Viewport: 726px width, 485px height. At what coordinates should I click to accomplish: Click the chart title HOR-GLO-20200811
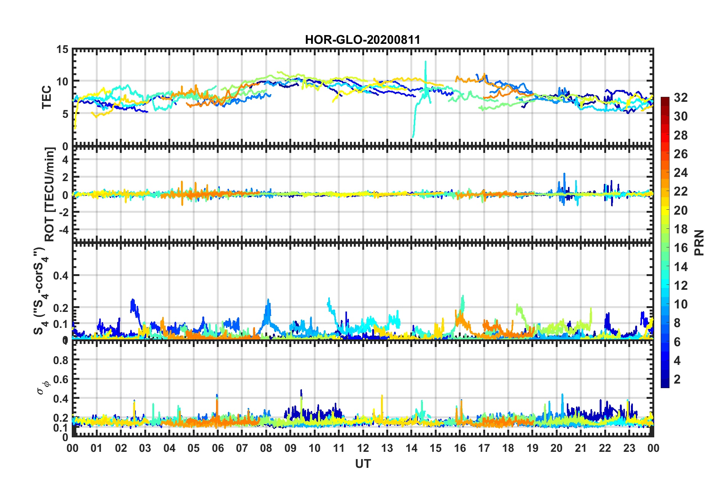point(363,40)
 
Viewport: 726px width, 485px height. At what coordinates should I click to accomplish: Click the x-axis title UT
point(363,464)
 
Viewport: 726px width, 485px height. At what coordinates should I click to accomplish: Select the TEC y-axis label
point(47,98)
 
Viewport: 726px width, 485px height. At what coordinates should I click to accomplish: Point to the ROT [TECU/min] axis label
point(50,194)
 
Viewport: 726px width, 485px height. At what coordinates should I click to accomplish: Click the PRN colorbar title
point(699,243)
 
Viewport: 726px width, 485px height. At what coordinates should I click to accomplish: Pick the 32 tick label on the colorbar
point(681,98)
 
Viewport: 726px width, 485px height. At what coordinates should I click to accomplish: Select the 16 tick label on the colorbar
point(681,248)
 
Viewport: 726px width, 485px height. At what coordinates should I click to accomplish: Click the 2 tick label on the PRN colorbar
point(678,379)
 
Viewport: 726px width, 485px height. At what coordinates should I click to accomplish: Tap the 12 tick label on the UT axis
point(363,448)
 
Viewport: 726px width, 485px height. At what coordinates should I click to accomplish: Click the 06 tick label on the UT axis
point(218,448)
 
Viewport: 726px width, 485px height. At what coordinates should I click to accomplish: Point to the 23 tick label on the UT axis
point(629,448)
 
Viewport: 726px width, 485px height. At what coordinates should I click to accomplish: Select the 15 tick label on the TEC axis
point(62,50)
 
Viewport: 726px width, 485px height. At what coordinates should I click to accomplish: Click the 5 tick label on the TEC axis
point(65,114)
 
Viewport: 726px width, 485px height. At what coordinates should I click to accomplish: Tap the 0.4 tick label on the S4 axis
point(61,275)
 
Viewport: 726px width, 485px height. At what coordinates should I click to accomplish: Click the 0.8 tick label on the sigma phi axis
point(61,360)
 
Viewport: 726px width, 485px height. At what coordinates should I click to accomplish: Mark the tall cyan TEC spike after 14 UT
point(426,63)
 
